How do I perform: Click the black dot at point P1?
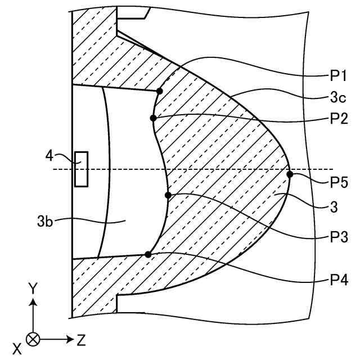160,91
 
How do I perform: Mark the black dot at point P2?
153,118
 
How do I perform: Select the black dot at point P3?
168,195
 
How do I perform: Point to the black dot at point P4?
148,254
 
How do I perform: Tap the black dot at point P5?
290,174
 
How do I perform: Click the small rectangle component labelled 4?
82,169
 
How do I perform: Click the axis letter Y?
34,288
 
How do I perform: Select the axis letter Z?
82,339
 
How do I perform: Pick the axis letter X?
17,349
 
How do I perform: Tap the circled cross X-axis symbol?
34,339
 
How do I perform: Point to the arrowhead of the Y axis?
34,301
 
